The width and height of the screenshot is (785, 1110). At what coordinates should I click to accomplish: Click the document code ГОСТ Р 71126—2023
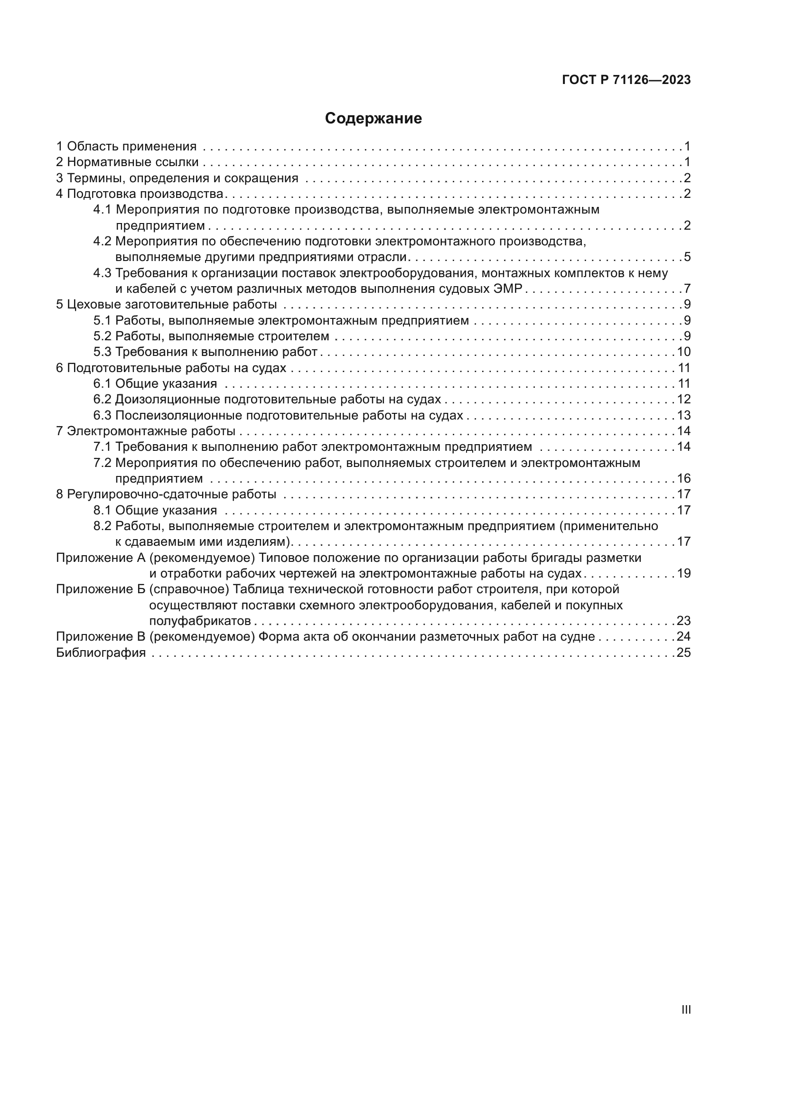tap(626, 80)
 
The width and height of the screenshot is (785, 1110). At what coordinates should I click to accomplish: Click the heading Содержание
tap(373, 119)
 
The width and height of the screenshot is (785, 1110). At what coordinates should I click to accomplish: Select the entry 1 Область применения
tap(127, 147)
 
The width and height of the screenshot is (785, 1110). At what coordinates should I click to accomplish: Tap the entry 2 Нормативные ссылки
tap(127, 162)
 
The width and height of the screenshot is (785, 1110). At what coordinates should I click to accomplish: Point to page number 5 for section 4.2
tap(687, 257)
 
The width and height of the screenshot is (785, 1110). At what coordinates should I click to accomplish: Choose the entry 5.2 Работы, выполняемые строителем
tap(211, 336)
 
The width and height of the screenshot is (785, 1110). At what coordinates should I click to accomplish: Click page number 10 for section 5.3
tap(683, 352)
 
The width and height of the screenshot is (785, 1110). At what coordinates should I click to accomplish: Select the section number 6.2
tap(102, 399)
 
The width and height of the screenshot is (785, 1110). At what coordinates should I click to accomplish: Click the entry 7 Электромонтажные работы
tap(146, 431)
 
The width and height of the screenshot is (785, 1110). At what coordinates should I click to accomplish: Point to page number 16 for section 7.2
tap(683, 479)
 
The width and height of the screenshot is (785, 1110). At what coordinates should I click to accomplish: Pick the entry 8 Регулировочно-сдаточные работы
tap(166, 494)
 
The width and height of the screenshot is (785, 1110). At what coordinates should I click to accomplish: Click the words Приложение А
tap(101, 558)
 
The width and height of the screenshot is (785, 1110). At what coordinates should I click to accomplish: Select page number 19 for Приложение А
tap(683, 574)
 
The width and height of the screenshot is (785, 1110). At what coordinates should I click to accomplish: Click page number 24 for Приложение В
tap(683, 637)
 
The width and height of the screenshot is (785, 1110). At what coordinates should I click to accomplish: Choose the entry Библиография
tap(101, 653)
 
